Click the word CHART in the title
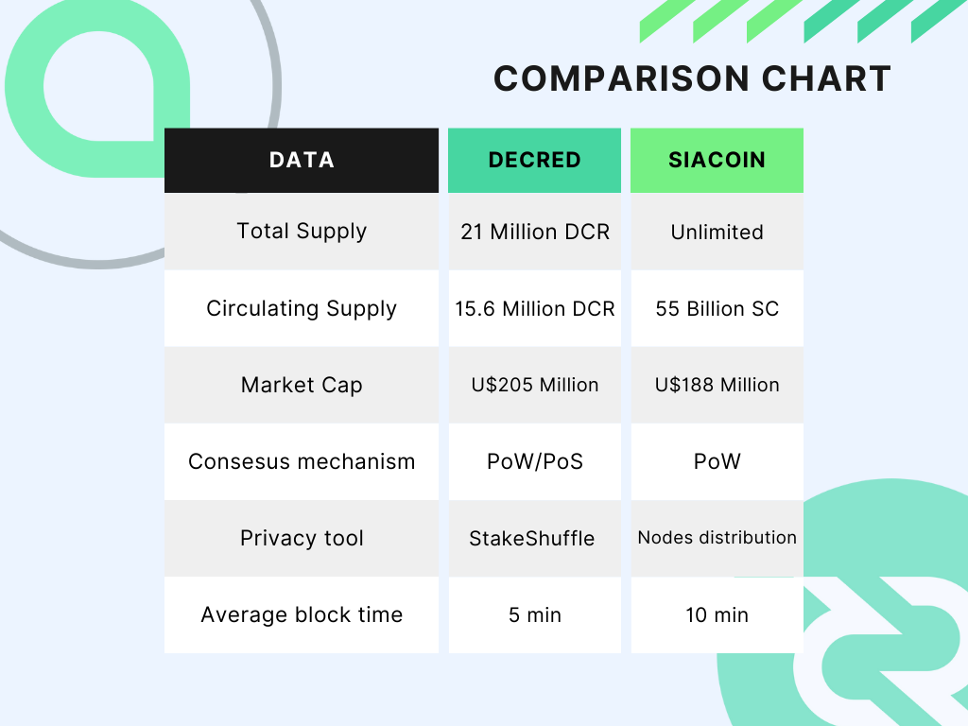826,78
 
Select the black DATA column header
302,161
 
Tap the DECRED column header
535,161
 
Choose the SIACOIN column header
717,161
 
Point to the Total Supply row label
302,232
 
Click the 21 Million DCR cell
535,232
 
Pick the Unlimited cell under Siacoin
717,232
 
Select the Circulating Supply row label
302,308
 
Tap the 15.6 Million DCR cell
535,308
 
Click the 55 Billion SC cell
717,308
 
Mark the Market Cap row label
302,385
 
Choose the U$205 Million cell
535,385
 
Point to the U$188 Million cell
717,385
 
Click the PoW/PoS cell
535,461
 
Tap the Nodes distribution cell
717,538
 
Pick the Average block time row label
302,614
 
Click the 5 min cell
535,614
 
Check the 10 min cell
717,614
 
